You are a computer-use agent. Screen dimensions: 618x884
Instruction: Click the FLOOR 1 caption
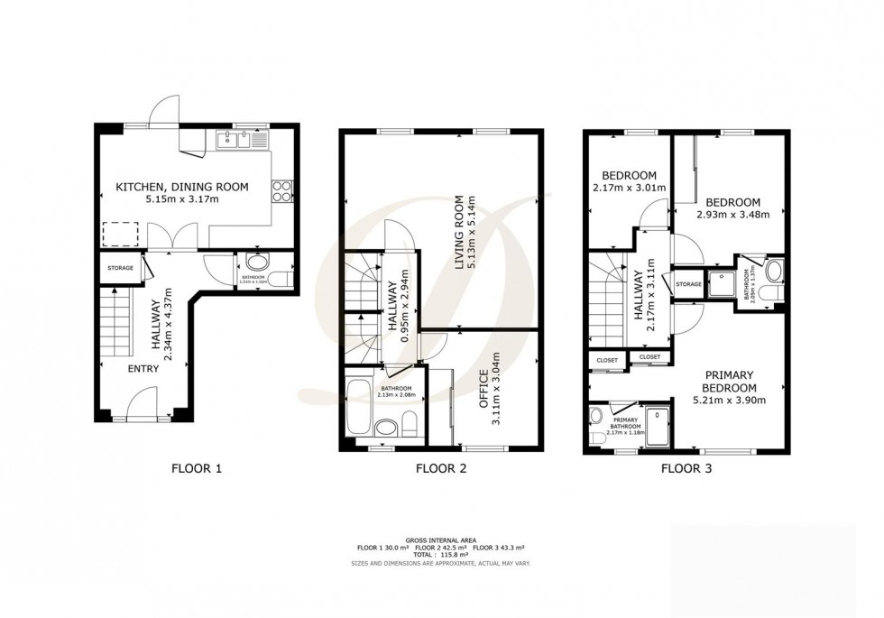(196, 468)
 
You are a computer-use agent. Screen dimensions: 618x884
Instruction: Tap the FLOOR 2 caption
(440, 468)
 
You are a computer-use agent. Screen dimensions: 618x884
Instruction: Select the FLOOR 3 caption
(686, 468)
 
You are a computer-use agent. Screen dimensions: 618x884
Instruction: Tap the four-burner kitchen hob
(281, 190)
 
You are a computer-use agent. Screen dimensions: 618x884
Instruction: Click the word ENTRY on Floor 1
(143, 369)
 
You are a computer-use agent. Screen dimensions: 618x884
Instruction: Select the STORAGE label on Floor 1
(120, 268)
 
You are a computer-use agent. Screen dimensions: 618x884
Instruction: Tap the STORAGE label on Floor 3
(687, 284)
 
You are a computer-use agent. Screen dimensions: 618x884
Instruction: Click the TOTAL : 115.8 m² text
(440, 554)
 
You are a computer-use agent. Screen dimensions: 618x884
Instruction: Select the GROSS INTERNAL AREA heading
(440, 540)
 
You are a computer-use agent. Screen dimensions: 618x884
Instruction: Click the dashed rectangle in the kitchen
(118, 234)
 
